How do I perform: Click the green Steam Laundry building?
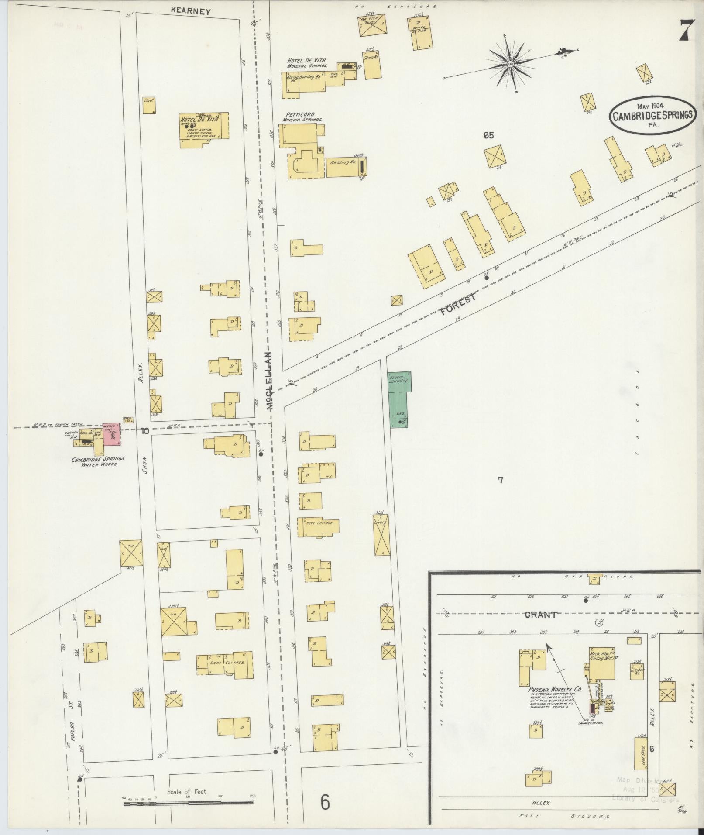399,398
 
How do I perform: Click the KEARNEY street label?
191,11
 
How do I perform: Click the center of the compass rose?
510,65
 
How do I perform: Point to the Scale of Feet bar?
188,802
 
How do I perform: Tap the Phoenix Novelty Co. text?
555,689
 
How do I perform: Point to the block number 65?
488,136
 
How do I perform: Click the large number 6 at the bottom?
324,802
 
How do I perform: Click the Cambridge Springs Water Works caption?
99,461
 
